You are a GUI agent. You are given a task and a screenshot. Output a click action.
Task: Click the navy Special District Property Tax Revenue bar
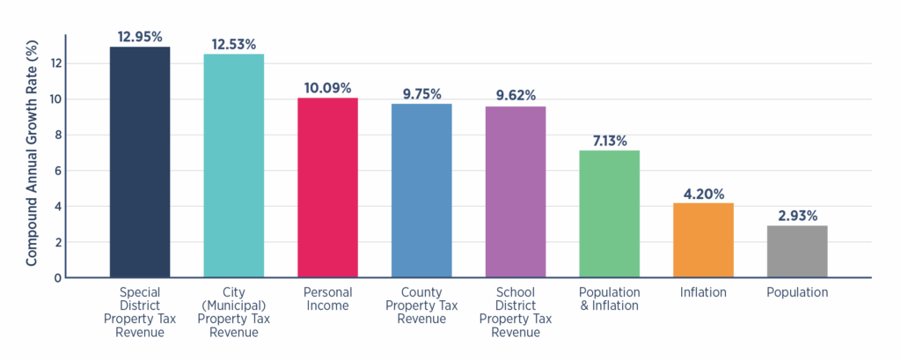139,162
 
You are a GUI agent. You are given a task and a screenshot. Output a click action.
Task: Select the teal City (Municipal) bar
233,165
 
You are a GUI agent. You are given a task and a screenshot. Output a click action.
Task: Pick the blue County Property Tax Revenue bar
421,190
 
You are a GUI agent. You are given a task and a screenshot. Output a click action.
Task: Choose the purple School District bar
516,192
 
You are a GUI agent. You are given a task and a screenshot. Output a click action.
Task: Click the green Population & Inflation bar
609,214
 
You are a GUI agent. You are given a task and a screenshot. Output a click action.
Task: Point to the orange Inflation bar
703,240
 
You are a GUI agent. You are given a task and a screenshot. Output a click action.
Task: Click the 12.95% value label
139,36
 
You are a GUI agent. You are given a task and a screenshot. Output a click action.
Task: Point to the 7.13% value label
609,140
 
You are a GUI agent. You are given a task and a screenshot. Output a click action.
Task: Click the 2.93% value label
797,215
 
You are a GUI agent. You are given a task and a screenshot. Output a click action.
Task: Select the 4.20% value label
703,193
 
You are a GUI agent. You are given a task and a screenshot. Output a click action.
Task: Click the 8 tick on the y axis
58,135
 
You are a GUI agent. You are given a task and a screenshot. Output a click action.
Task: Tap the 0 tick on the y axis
58,277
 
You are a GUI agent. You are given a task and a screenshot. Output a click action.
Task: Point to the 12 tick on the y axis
57,63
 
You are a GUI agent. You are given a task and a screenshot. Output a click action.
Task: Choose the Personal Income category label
327,299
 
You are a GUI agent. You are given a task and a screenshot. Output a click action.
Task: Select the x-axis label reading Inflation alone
703,292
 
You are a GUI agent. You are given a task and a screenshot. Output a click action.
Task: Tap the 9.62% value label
516,96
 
